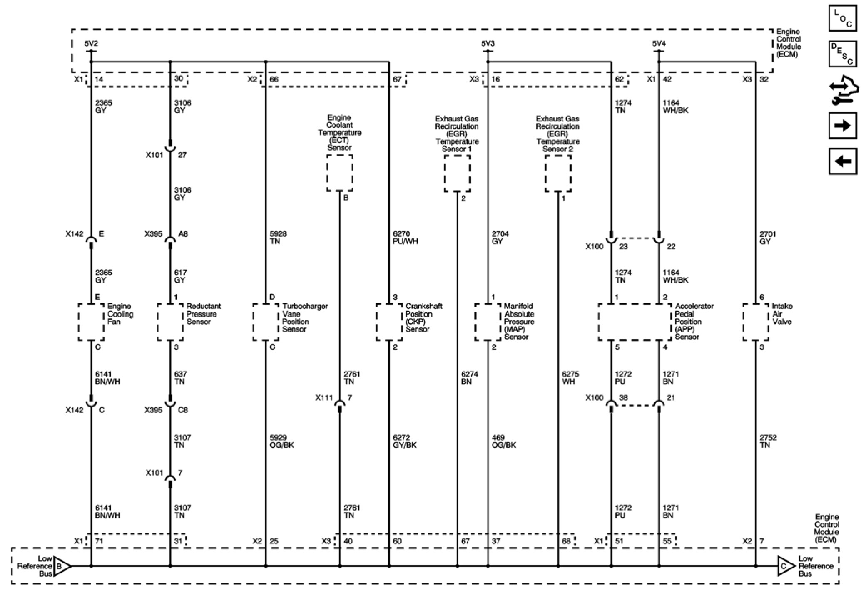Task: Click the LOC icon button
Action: coord(843,18)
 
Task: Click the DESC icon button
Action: coord(843,54)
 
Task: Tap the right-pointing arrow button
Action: coord(843,125)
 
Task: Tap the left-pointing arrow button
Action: coord(843,161)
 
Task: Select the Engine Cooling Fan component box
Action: coord(91,322)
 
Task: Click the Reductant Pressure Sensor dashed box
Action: coord(170,322)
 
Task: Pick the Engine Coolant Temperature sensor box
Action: coord(340,173)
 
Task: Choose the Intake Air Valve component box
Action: coord(756,322)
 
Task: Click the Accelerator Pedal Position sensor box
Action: coord(635,322)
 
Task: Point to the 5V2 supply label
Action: coord(91,43)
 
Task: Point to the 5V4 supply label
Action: coord(659,43)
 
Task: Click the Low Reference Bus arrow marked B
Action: coord(61,566)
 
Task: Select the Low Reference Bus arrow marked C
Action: coord(785,566)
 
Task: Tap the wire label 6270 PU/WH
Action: coord(405,238)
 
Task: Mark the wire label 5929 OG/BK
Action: coord(282,441)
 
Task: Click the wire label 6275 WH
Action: coord(570,378)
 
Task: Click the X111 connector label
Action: coord(324,398)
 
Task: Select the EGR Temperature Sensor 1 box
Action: coord(457,174)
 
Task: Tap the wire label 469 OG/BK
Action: coord(504,441)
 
